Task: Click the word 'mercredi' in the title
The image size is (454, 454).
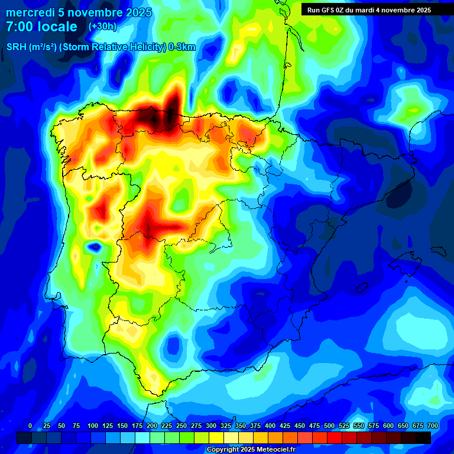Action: click(x=28, y=12)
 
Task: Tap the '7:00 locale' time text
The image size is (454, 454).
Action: click(x=41, y=27)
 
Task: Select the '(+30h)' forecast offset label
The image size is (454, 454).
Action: click(x=103, y=27)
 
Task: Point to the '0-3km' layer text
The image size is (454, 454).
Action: click(x=182, y=47)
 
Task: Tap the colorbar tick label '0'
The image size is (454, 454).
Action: click(x=30, y=426)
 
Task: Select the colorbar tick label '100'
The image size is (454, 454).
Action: click(x=93, y=426)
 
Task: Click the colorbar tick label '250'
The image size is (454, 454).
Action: click(x=181, y=426)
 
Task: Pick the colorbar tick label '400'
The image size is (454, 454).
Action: click(x=270, y=426)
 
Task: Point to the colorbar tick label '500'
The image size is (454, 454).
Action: click(x=329, y=426)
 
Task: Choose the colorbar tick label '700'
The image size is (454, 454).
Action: click(x=433, y=426)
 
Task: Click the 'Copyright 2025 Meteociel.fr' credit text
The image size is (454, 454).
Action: click(x=251, y=450)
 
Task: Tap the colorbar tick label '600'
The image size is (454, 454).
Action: click(x=388, y=426)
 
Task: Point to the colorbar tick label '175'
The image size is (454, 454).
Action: click(x=137, y=426)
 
